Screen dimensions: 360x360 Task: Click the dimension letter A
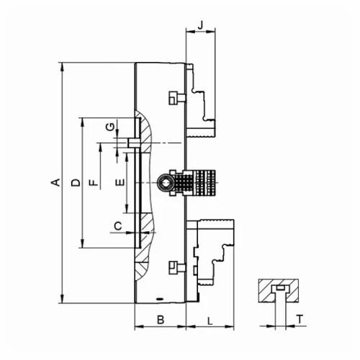[56, 182]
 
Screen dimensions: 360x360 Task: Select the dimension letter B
[161, 320]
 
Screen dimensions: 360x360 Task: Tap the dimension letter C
[118, 226]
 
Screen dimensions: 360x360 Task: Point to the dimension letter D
[76, 183]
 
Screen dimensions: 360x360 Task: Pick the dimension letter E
[120, 183]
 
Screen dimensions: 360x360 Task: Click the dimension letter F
[94, 183]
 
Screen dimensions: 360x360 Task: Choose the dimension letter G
[110, 127]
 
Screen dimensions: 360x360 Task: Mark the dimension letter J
[201, 25]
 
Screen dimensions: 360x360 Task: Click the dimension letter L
[210, 321]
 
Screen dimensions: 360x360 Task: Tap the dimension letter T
[300, 319]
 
